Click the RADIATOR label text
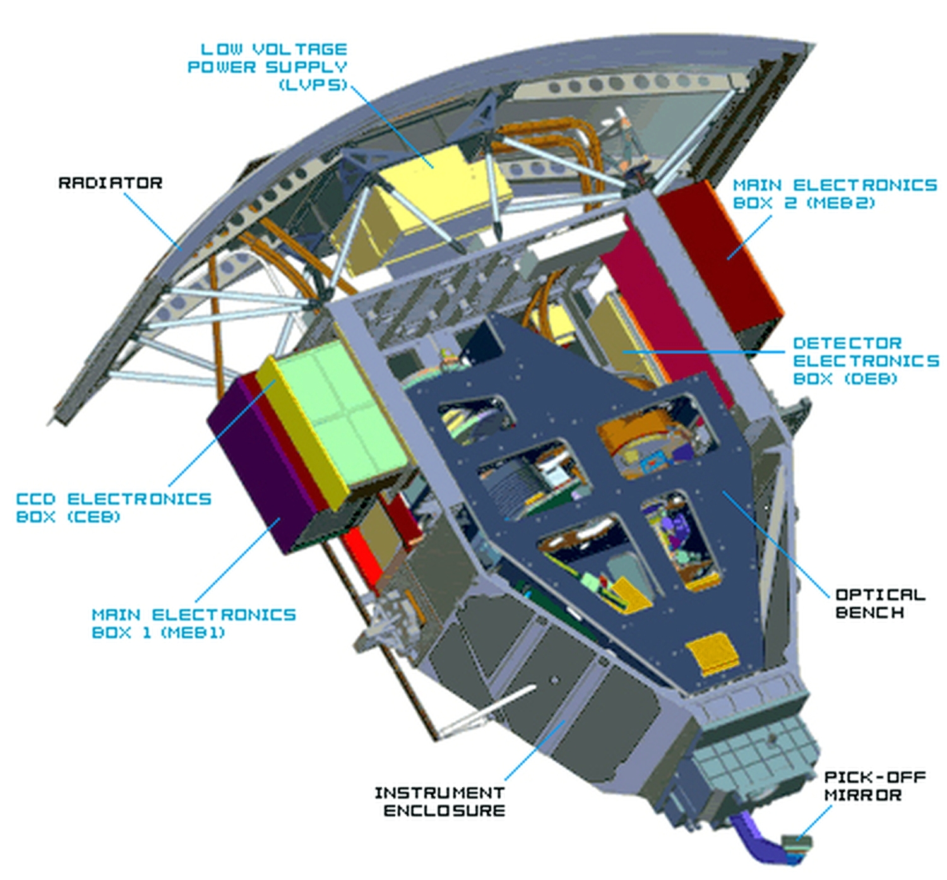[110, 182]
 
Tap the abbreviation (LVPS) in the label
[313, 85]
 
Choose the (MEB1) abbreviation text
[193, 633]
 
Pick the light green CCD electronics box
[341, 415]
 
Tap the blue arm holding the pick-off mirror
[758, 840]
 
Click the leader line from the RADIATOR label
[153, 222]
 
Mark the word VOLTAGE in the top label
[299, 49]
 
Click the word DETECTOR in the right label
[847, 343]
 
